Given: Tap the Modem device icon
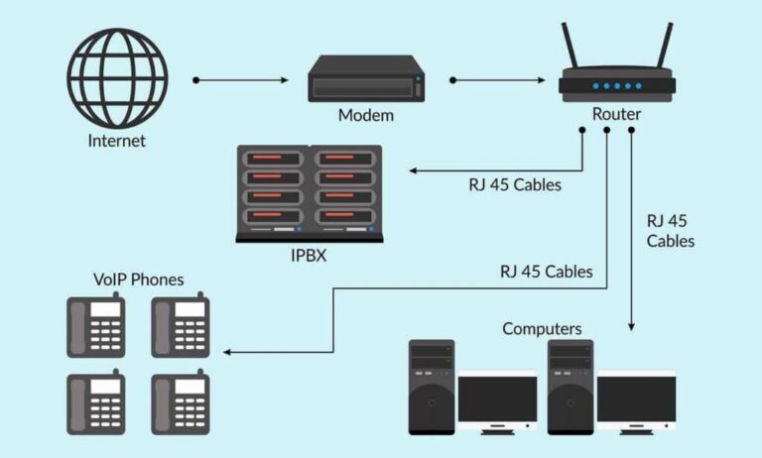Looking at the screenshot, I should tap(366, 78).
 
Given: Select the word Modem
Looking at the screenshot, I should tap(366, 115).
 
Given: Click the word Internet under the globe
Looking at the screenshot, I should tap(116, 141).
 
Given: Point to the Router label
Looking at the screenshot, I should tap(616, 114).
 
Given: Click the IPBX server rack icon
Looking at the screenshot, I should tap(309, 193).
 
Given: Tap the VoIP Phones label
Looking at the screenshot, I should tap(138, 280).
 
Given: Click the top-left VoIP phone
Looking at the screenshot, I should tap(95, 324).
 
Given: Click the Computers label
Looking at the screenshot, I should tap(542, 328).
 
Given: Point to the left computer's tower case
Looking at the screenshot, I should tap(432, 387).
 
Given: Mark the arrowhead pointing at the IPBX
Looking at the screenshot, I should tap(410, 172).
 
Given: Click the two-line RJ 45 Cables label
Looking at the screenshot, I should tap(671, 230).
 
